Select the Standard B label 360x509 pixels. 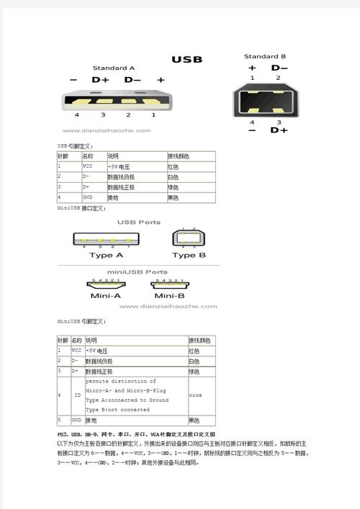point(265,56)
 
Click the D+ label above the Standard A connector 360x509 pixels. point(101,80)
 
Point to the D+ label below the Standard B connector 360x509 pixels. point(279,130)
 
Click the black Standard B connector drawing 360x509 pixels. point(264,99)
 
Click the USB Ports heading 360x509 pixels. point(138,222)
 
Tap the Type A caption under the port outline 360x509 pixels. point(106,255)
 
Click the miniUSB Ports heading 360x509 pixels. point(138,272)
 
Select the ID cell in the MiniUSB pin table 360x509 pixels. point(77,395)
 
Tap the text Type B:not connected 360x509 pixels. point(117,410)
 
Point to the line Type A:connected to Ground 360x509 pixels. point(127,400)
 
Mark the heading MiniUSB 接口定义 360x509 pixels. point(82,208)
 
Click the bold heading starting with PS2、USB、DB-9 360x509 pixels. point(136,435)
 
